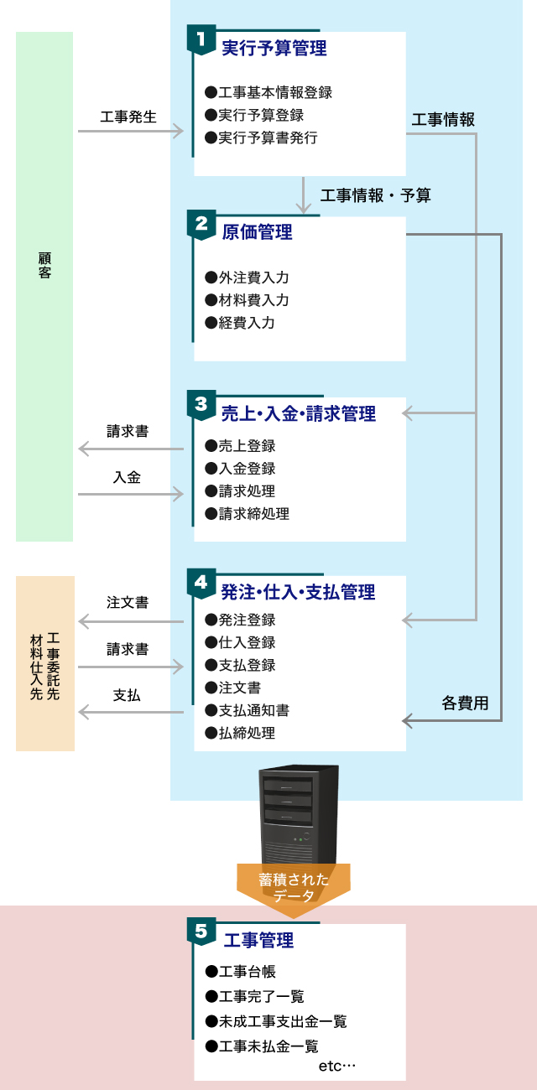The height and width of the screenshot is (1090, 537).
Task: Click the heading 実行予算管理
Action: tap(274, 48)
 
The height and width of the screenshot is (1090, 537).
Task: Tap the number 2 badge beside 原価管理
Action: tap(201, 225)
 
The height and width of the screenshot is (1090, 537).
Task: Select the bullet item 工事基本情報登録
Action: tap(268, 92)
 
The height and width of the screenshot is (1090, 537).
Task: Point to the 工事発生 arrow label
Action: tap(128, 117)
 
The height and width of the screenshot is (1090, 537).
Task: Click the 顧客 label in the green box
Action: tap(44, 265)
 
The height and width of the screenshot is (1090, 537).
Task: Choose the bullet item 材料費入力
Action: tap(247, 300)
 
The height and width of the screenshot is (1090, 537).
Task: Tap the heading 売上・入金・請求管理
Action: tap(299, 413)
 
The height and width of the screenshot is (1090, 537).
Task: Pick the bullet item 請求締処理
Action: tap(247, 514)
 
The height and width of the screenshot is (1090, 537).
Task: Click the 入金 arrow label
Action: tap(127, 477)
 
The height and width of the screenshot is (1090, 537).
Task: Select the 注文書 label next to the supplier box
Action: tap(128, 602)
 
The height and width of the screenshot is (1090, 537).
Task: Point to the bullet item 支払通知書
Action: tap(247, 710)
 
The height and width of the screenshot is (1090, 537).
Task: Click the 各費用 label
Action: tap(465, 703)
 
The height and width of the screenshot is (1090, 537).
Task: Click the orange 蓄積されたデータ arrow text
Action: tap(294, 888)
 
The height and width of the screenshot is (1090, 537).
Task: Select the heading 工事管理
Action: tap(258, 941)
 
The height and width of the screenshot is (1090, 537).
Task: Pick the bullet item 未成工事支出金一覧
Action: tap(275, 1021)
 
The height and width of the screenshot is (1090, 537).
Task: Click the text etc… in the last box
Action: tap(337, 1067)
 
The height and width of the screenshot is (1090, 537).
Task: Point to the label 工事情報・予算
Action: tap(375, 195)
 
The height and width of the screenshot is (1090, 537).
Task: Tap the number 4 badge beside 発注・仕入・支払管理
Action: tap(201, 583)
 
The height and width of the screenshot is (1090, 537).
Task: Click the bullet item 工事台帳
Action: tap(240, 972)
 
